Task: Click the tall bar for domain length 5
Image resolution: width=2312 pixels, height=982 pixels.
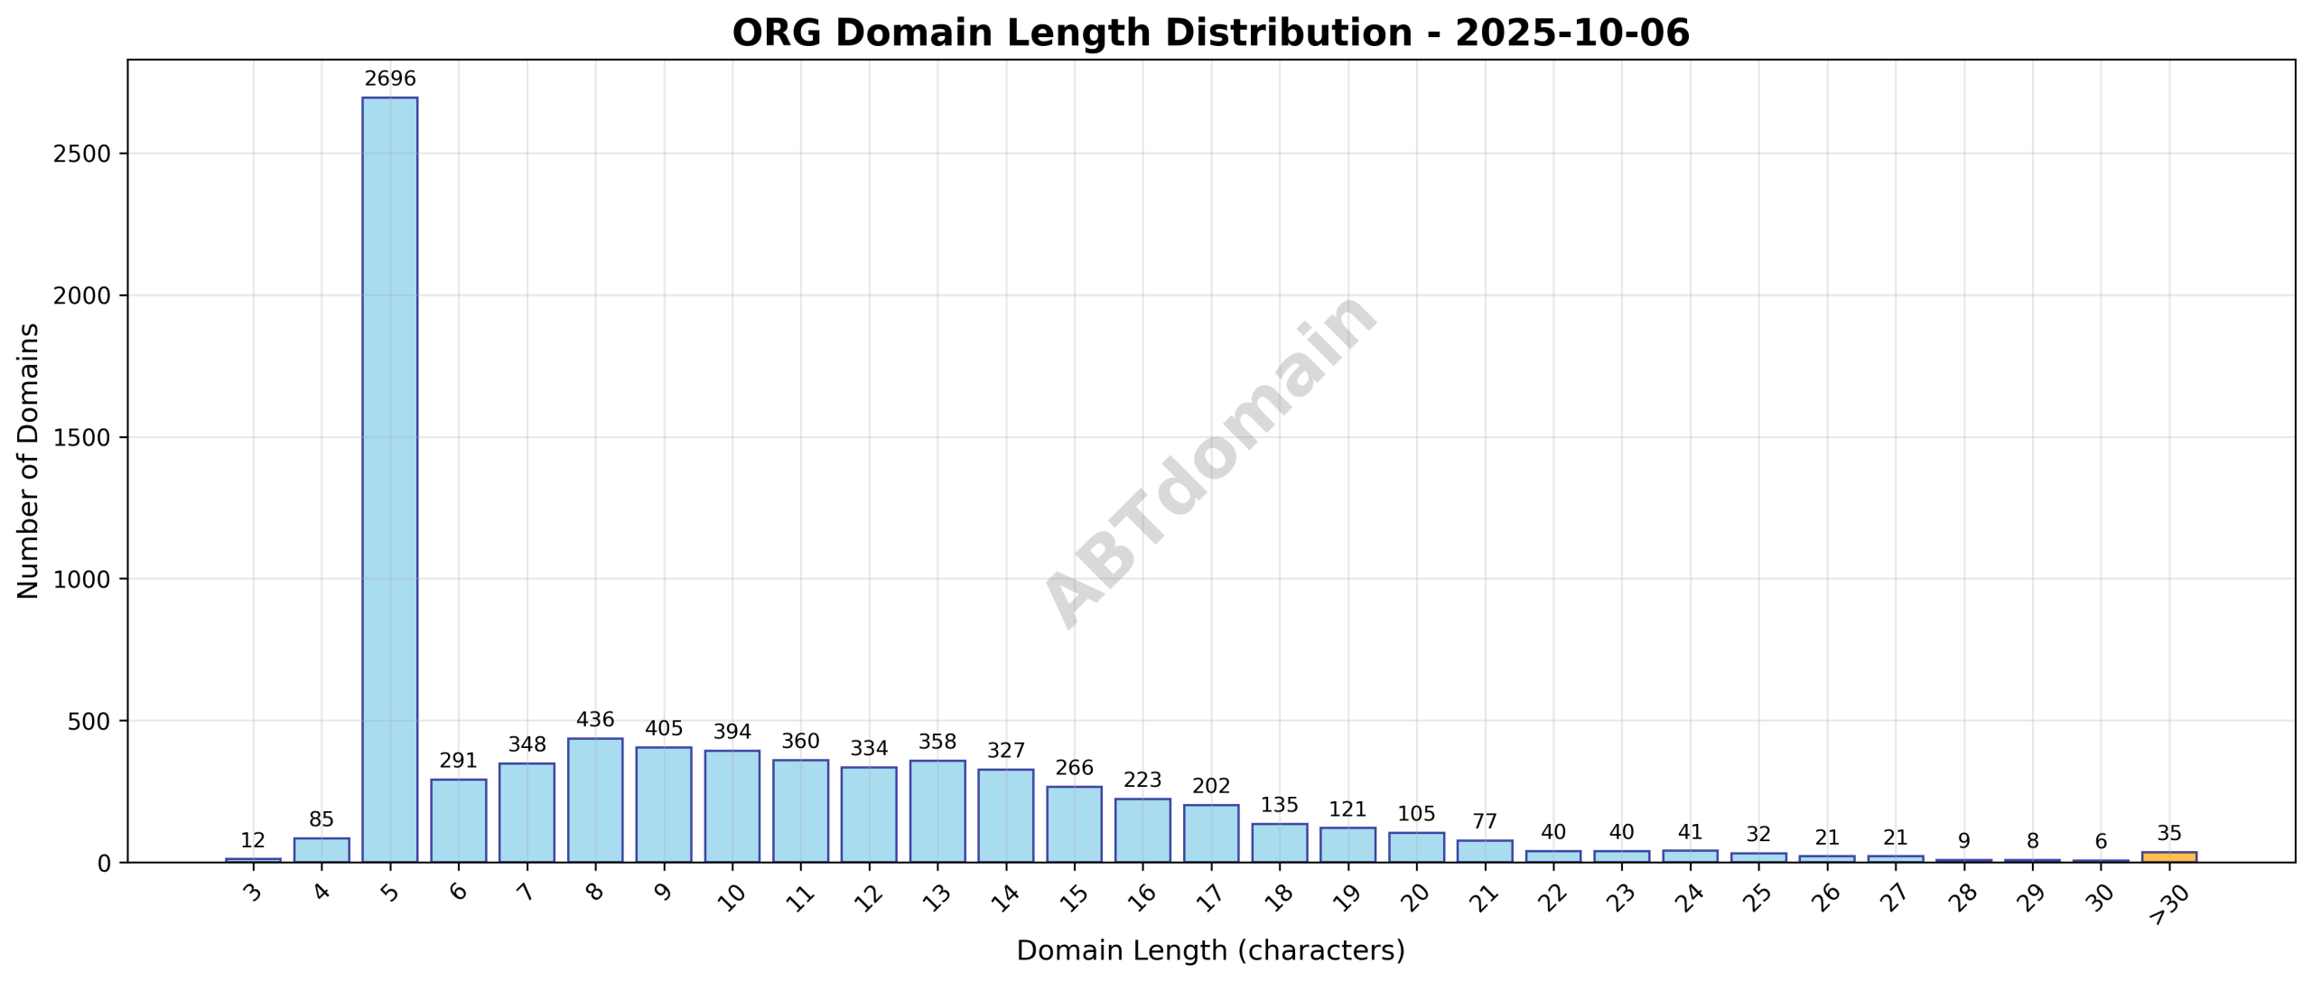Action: (390, 479)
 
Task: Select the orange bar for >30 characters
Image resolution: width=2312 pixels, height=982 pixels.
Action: (2169, 856)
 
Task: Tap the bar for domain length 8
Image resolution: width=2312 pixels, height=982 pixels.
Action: (595, 800)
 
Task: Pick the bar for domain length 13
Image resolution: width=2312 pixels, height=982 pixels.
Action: (937, 811)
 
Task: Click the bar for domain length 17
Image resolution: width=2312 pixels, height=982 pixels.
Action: (1211, 833)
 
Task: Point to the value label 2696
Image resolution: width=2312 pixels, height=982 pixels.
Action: (390, 79)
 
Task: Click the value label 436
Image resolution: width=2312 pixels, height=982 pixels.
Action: (595, 720)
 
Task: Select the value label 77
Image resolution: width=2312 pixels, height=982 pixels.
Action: (1485, 822)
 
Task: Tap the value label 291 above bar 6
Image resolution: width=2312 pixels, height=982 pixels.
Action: (458, 761)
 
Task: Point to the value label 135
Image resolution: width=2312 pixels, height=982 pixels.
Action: (1279, 805)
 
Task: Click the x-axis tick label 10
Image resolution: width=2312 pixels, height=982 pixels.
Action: (732, 896)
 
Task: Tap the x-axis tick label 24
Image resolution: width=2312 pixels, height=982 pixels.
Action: (1689, 896)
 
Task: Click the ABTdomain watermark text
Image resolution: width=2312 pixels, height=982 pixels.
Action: (1210, 461)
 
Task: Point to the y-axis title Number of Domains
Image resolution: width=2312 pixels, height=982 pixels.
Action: (29, 461)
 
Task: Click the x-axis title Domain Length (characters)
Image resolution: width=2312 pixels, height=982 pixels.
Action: (1210, 951)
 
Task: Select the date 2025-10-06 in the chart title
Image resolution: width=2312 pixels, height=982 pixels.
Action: (1571, 33)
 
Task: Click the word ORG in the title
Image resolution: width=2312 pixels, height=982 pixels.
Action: (777, 33)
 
